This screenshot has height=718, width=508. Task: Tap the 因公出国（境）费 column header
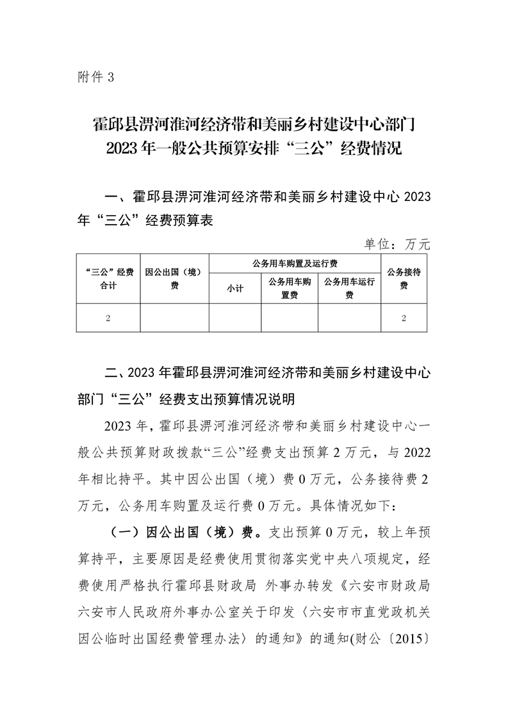click(174, 279)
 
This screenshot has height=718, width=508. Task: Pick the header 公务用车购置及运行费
click(295, 263)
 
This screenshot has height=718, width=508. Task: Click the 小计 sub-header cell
click(235, 289)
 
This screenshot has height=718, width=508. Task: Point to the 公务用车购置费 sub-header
click(290, 289)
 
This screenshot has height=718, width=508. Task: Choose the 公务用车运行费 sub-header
click(349, 289)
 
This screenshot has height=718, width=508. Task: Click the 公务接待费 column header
click(404, 279)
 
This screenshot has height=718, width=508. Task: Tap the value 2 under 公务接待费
click(404, 318)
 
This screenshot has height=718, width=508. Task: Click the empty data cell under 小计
click(235, 318)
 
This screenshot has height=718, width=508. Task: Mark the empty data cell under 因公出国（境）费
click(174, 318)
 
